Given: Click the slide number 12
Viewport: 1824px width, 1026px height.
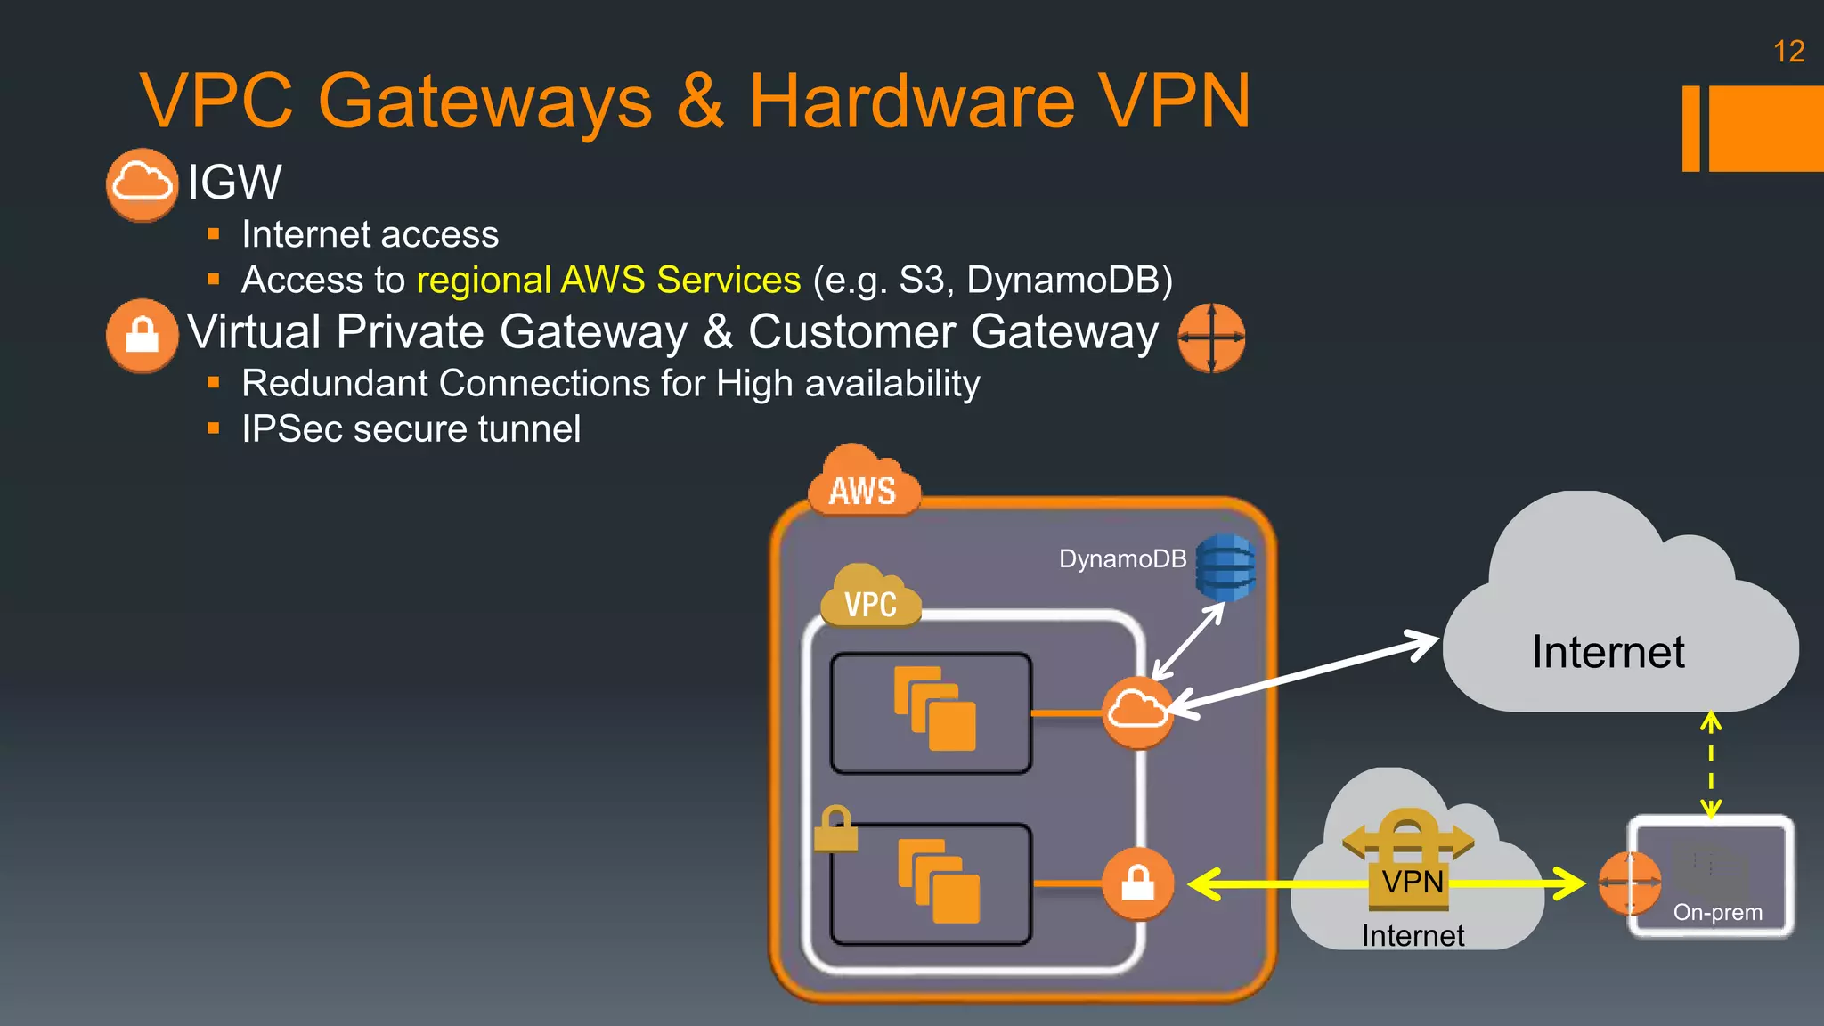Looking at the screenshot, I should [x=1788, y=52].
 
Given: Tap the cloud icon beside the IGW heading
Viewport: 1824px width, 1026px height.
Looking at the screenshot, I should [x=142, y=184].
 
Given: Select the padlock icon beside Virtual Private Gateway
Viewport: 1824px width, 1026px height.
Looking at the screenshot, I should [x=142, y=336].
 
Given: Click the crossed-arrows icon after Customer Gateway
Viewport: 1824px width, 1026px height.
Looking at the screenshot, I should [x=1211, y=338].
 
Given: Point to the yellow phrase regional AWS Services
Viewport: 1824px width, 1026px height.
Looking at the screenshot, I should [x=608, y=281].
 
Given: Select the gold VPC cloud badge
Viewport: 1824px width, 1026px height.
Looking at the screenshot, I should [x=870, y=598].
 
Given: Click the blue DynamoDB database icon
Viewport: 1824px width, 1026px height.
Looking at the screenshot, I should [x=1225, y=567].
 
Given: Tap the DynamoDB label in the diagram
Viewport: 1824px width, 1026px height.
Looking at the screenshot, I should [x=1122, y=559].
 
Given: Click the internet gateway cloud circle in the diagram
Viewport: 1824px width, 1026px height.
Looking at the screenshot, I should [x=1137, y=712].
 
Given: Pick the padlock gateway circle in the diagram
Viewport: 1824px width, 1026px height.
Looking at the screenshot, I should [x=1137, y=883].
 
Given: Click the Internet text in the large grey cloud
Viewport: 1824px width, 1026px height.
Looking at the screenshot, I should [x=1608, y=652].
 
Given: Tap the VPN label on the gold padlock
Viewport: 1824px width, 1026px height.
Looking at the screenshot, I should [x=1412, y=882].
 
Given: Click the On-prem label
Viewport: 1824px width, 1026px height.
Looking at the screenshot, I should [x=1717, y=913].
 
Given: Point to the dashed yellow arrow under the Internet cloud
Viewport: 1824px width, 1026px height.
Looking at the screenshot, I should [x=1711, y=765].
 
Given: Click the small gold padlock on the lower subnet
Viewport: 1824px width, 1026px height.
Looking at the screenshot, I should [x=835, y=829].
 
